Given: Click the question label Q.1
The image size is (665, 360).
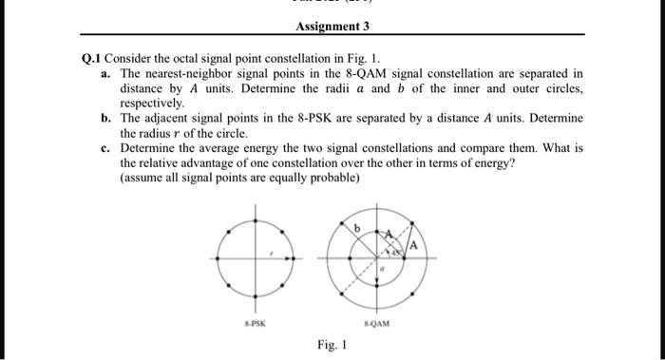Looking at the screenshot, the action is [91, 59].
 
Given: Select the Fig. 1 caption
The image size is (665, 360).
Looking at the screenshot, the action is [332, 345].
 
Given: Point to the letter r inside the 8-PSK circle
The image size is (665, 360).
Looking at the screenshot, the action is [273, 254].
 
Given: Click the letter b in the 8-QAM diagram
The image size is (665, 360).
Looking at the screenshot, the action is [356, 228].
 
